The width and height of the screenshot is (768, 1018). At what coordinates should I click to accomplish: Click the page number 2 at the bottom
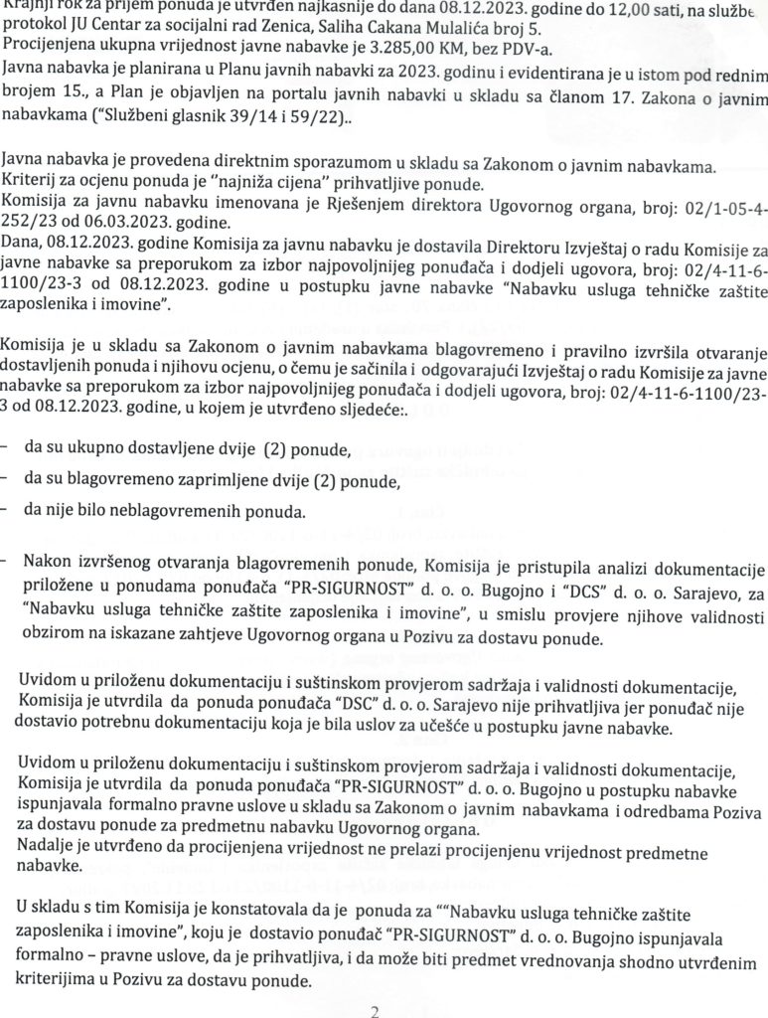375,1011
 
